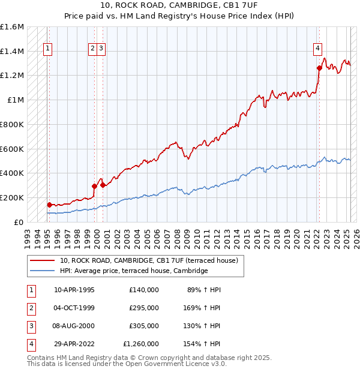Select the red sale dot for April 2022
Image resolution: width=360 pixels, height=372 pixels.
coord(319,68)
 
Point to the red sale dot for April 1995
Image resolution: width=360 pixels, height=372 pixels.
coord(49,205)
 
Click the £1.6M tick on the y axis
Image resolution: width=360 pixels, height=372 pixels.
coord(12,27)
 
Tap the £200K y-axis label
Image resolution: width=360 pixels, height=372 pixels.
coord(12,197)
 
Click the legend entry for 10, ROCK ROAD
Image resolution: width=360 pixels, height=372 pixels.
coord(149,260)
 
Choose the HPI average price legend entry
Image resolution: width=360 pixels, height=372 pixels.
coord(133,271)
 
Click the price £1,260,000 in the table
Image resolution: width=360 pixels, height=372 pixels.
coord(140,344)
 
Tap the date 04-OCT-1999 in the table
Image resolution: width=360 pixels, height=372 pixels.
coord(74,308)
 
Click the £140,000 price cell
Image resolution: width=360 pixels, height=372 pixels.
coord(143,290)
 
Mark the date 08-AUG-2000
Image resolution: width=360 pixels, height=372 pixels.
coord(74,326)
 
